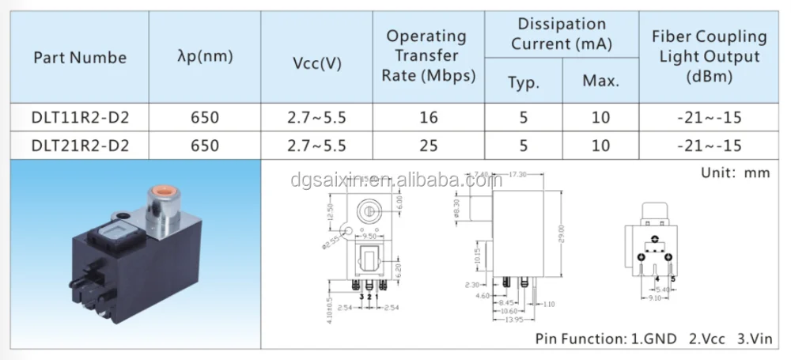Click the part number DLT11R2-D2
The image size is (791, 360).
[80, 119]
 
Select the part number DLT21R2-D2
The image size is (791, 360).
[80, 145]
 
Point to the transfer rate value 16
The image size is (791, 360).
[429, 119]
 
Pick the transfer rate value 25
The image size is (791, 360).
[429, 145]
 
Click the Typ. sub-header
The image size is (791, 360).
[523, 80]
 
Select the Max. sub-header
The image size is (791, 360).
[600, 80]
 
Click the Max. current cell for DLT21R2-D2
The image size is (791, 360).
[600, 145]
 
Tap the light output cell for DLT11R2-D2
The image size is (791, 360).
[709, 119]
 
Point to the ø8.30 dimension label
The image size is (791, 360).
[456, 208]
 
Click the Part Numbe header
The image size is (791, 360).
[80, 58]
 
